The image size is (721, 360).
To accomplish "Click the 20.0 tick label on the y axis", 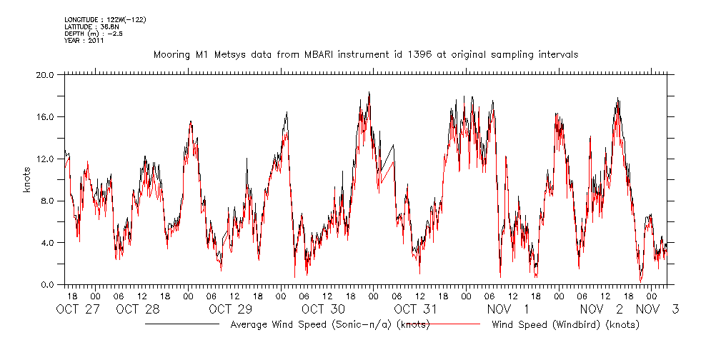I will [x=44, y=74].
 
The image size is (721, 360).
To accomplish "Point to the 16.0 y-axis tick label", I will [x=44, y=116].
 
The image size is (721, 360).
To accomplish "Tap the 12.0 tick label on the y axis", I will [x=44, y=159].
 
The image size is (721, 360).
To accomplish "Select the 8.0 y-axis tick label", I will [x=46, y=201].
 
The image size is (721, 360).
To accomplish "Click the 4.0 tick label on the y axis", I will [x=46, y=243].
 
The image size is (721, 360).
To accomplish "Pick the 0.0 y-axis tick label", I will [x=46, y=285].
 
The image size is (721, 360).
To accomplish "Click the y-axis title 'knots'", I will [x=26, y=179].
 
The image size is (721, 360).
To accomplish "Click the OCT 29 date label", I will [x=230, y=309].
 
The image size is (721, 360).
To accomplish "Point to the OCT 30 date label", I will [x=323, y=309].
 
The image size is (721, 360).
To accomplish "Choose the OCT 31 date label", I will [x=415, y=309].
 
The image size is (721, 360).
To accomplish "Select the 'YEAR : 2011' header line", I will [x=84, y=41].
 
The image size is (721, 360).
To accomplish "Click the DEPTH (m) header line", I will [x=94, y=34].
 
